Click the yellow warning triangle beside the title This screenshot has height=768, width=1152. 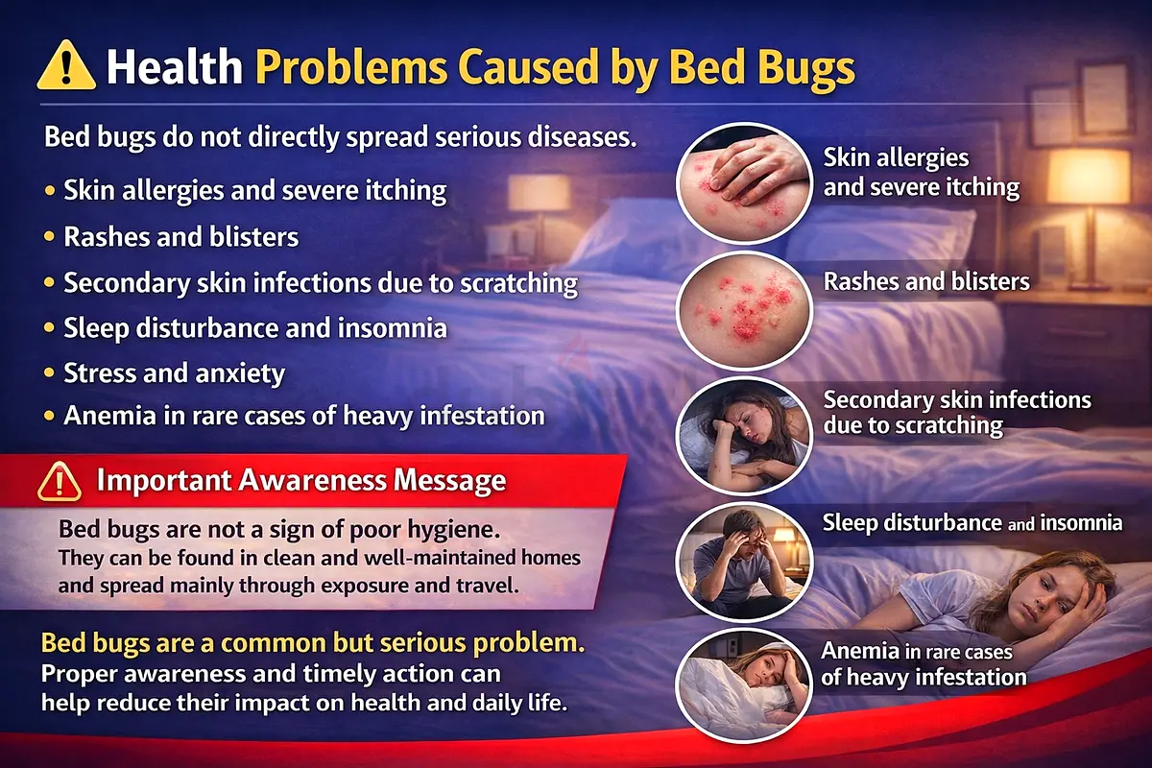[x=66, y=66]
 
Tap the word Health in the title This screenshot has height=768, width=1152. [x=175, y=67]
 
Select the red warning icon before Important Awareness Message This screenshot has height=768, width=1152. [x=60, y=482]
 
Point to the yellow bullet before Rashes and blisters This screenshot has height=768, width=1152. [x=49, y=236]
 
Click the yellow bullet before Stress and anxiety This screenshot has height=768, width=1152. [x=49, y=372]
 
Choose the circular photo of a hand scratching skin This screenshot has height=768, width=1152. [x=744, y=183]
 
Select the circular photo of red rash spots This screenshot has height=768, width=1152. [x=744, y=311]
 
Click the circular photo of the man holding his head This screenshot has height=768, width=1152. [x=744, y=563]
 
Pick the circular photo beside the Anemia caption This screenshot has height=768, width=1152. [x=744, y=685]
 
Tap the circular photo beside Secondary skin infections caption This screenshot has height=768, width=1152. [x=744, y=436]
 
